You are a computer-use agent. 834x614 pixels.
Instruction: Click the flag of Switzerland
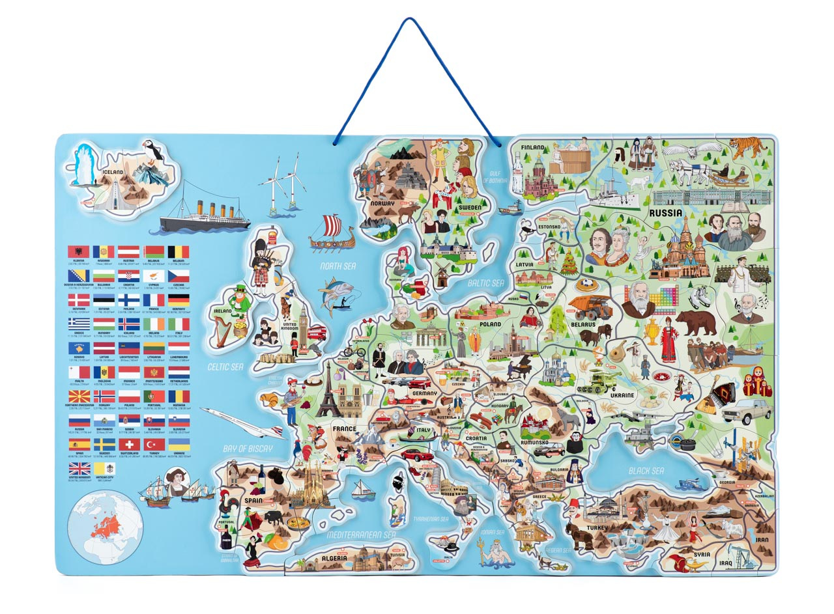click(128, 445)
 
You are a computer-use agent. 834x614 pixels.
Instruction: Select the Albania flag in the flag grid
click(78, 252)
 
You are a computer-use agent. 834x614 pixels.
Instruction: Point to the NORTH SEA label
click(338, 266)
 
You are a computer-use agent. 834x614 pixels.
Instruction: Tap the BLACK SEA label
click(646, 471)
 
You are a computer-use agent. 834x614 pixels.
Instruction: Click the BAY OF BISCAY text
click(247, 449)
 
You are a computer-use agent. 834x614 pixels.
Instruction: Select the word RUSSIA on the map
click(665, 212)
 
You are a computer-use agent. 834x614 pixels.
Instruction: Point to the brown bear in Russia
click(696, 321)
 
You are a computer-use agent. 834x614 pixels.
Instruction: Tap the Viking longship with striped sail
click(332, 233)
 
